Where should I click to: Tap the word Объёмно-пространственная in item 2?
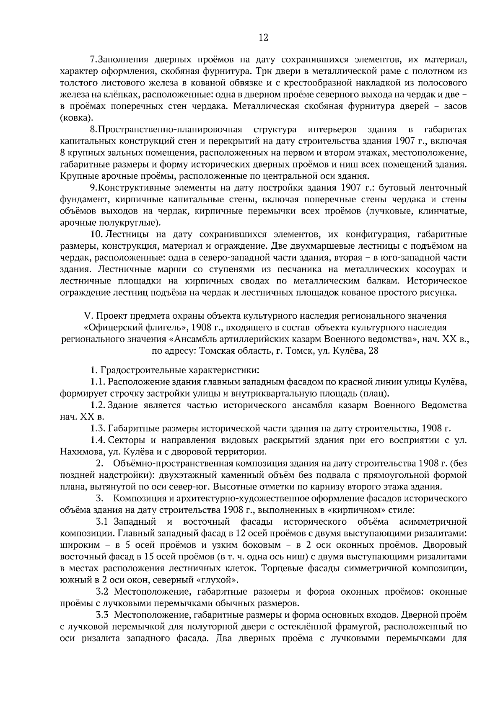pos(169,464)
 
